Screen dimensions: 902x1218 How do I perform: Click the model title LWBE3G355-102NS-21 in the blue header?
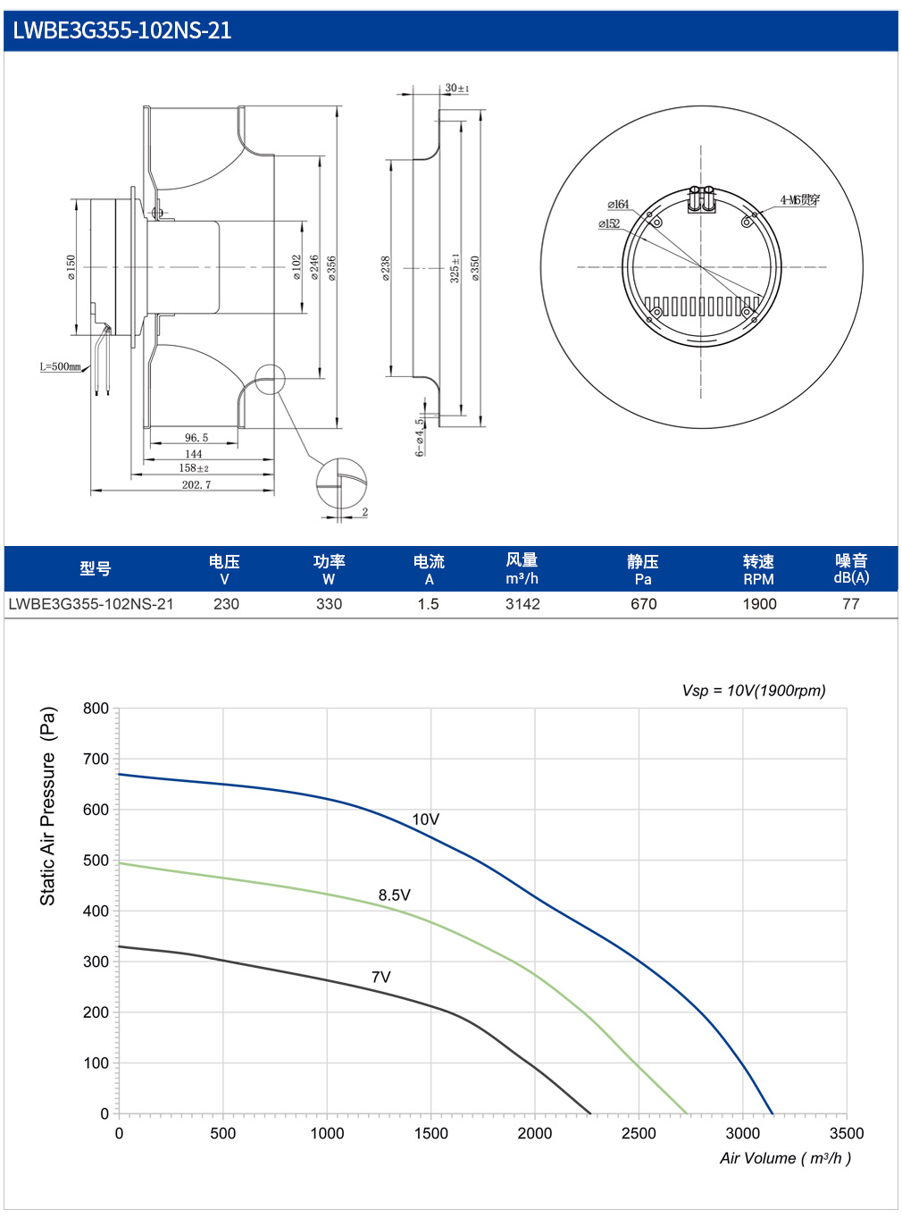[121, 30]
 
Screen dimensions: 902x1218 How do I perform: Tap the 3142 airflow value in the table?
[522, 604]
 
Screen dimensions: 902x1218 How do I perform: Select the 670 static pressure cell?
[643, 604]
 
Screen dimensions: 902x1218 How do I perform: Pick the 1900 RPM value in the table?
[759, 604]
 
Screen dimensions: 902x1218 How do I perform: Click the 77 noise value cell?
[850, 604]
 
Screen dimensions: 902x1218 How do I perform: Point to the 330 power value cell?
[329, 604]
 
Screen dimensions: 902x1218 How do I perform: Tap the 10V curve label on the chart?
[425, 819]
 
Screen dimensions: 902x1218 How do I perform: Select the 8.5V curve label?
[394, 895]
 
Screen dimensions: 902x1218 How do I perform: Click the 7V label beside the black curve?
[381, 977]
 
